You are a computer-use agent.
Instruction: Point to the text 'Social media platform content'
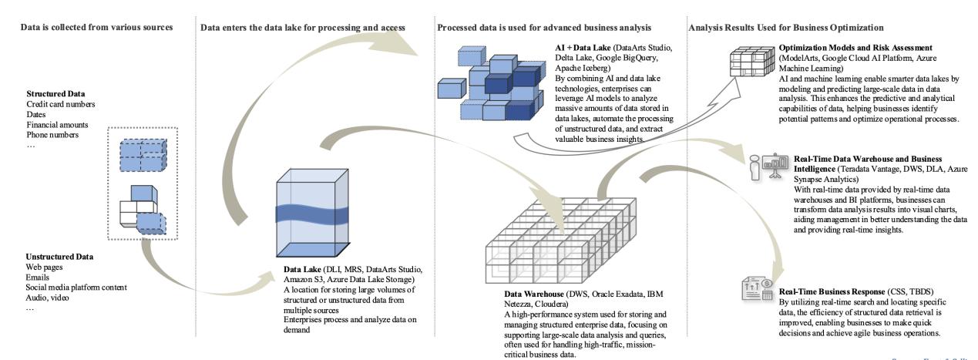[x=76, y=288]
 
